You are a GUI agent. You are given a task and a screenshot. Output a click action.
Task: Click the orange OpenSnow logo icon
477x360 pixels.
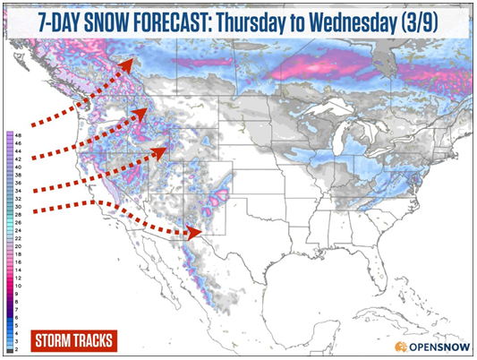tap(402, 346)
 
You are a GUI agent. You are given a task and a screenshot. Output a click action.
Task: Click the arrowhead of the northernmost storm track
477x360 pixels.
tap(131, 63)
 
